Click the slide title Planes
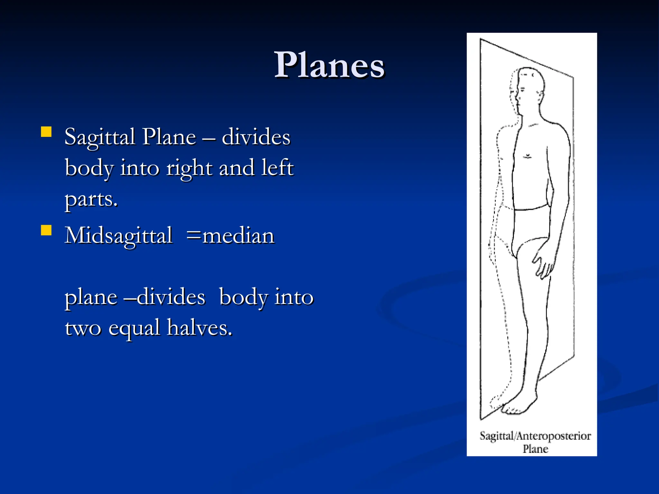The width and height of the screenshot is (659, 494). pos(329,65)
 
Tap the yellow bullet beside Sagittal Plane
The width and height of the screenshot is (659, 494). pos(46,132)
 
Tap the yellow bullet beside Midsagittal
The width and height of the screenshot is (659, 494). pos(46,230)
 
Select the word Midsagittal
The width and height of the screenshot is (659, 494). pos(118,236)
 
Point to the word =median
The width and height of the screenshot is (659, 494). pos(230,235)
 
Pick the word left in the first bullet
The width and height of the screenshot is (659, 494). pos(277,168)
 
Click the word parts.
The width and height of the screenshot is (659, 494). pos(91,199)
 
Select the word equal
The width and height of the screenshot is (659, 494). pos(134,328)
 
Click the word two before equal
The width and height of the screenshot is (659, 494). pos(83,328)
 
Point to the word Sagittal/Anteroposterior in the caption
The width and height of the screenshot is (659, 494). pos(535,436)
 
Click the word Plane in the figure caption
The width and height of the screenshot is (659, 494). pos(535,449)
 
